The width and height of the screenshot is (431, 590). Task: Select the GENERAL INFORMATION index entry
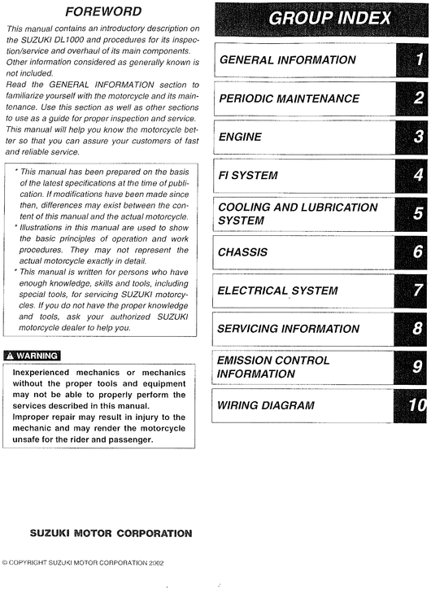pyautogui.click(x=288, y=59)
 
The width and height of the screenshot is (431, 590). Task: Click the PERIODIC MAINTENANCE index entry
pyautogui.click(x=290, y=98)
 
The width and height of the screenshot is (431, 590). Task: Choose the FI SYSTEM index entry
pyautogui.click(x=248, y=175)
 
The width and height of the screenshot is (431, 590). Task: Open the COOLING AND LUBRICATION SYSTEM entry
pyautogui.click(x=298, y=214)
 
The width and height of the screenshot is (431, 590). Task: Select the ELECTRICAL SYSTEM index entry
pyautogui.click(x=277, y=291)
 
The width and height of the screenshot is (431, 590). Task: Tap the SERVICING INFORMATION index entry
pyautogui.click(x=288, y=329)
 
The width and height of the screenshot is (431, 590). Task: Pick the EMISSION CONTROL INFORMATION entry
pyautogui.click(x=273, y=367)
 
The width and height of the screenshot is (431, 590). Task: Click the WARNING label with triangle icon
pyautogui.click(x=33, y=356)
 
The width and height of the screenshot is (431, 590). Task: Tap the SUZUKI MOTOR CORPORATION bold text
pyautogui.click(x=111, y=534)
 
